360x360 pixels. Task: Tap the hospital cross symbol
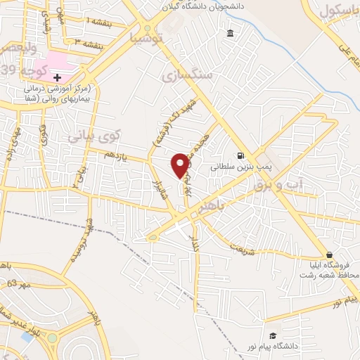click(x=58, y=77)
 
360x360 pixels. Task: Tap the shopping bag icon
click(x=329, y=255)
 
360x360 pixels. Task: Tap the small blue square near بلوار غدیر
click(x=27, y=337)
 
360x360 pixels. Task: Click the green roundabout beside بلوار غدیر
click(x=51, y=338)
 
